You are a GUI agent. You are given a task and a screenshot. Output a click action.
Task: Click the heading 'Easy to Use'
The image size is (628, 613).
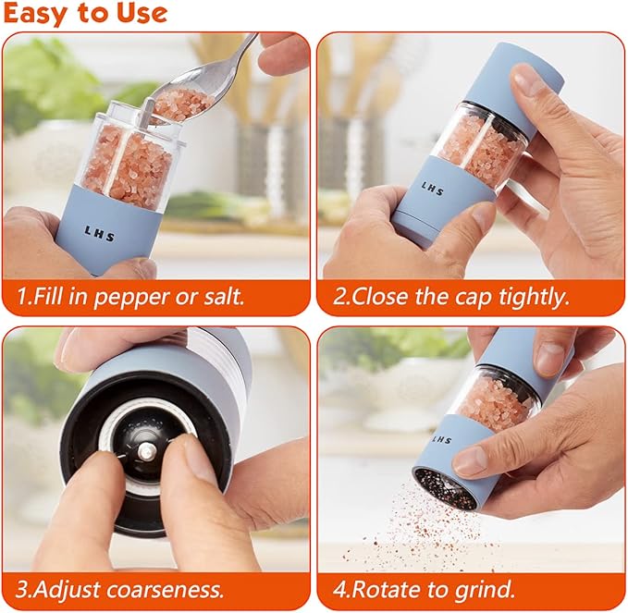click(85, 14)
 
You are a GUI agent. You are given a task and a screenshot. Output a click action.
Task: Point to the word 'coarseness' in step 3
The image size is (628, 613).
click(169, 589)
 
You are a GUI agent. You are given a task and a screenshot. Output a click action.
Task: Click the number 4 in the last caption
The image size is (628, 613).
click(334, 589)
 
